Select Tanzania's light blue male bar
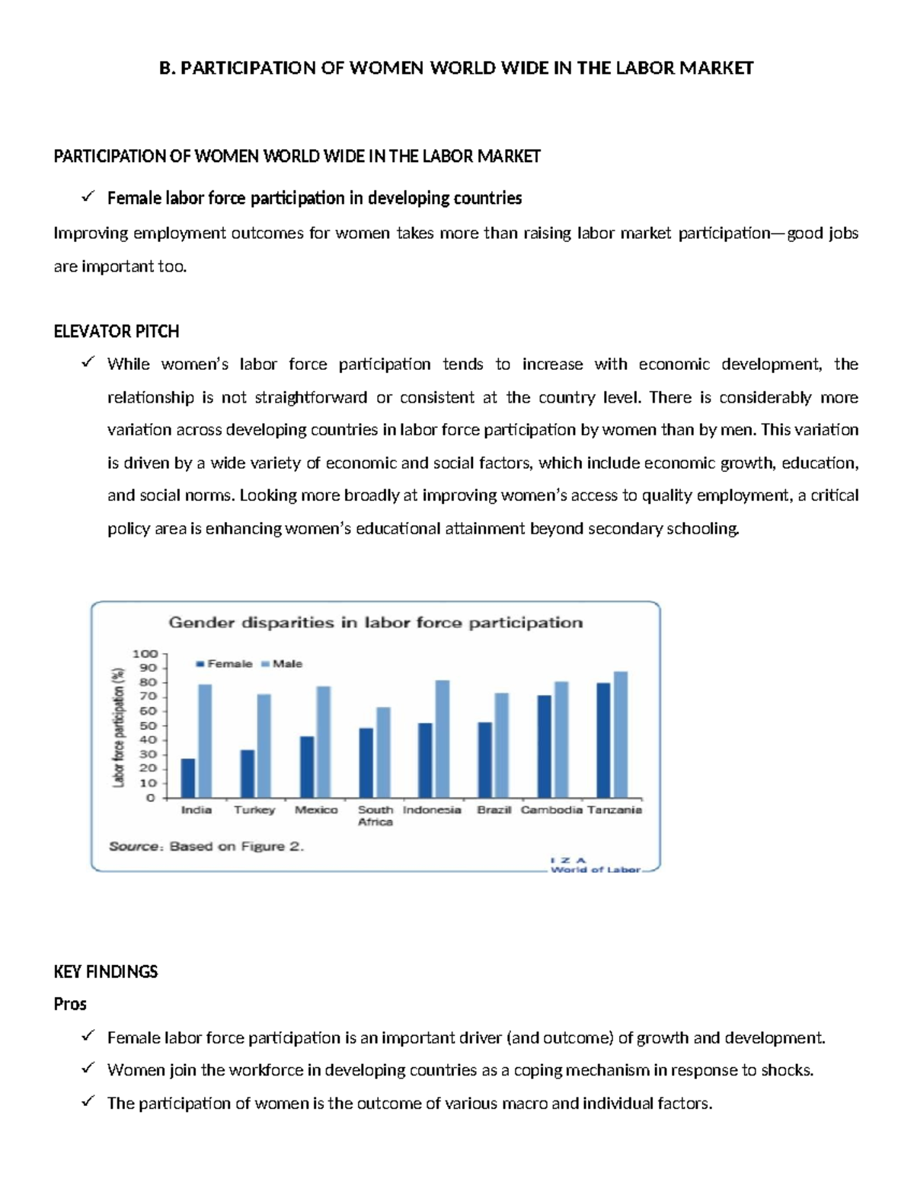621,734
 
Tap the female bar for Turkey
248,773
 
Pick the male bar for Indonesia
443,739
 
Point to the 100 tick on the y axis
145,654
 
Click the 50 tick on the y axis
148,725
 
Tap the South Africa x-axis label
376,816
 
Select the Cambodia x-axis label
551,810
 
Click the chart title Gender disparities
375,623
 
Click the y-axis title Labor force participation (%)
118,726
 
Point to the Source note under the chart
206,846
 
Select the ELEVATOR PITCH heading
117,331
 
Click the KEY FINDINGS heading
106,971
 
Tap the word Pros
70,1004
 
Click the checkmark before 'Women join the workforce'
88,1069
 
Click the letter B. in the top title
167,68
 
